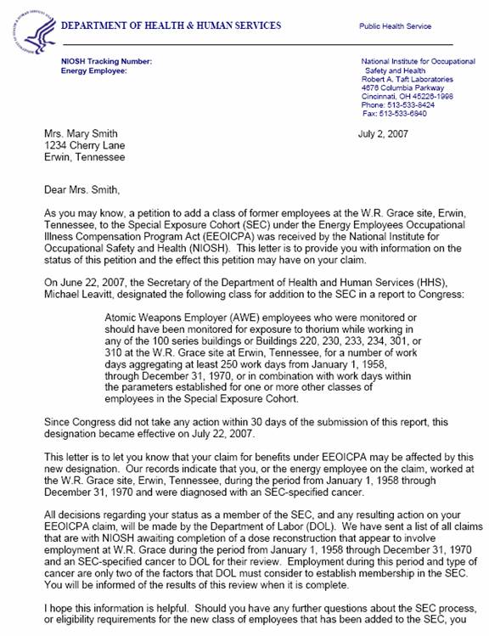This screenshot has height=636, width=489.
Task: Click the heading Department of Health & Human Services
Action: (171, 25)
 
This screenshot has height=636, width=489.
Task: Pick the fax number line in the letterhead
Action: (405, 113)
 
